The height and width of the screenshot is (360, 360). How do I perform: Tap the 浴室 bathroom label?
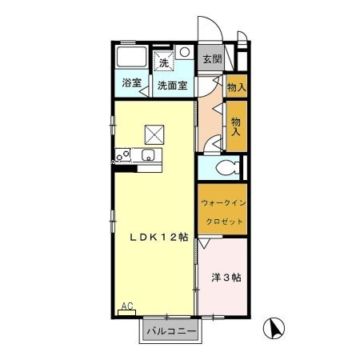coord(130,83)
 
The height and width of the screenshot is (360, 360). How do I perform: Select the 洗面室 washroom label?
coord(172,85)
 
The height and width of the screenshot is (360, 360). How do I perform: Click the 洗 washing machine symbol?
coord(163,62)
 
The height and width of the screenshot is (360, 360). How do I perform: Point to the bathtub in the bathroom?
coord(130,58)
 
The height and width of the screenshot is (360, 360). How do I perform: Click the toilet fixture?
coord(226,168)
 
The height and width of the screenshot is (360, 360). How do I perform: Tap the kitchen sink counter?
coord(148,156)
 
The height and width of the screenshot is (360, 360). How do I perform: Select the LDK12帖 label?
coord(160,237)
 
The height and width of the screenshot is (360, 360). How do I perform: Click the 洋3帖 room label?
coord(226,278)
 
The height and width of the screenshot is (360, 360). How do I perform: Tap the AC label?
coord(126,306)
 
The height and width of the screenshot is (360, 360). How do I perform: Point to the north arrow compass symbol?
coord(274,327)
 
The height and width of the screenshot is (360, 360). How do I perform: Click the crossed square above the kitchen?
coord(154,133)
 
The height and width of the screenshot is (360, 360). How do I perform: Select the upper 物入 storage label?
coord(236,86)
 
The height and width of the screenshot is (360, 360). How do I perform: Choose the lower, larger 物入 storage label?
coord(236,126)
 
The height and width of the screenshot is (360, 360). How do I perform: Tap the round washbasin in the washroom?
coord(185,52)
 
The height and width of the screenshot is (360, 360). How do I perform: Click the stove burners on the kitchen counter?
coord(123,156)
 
